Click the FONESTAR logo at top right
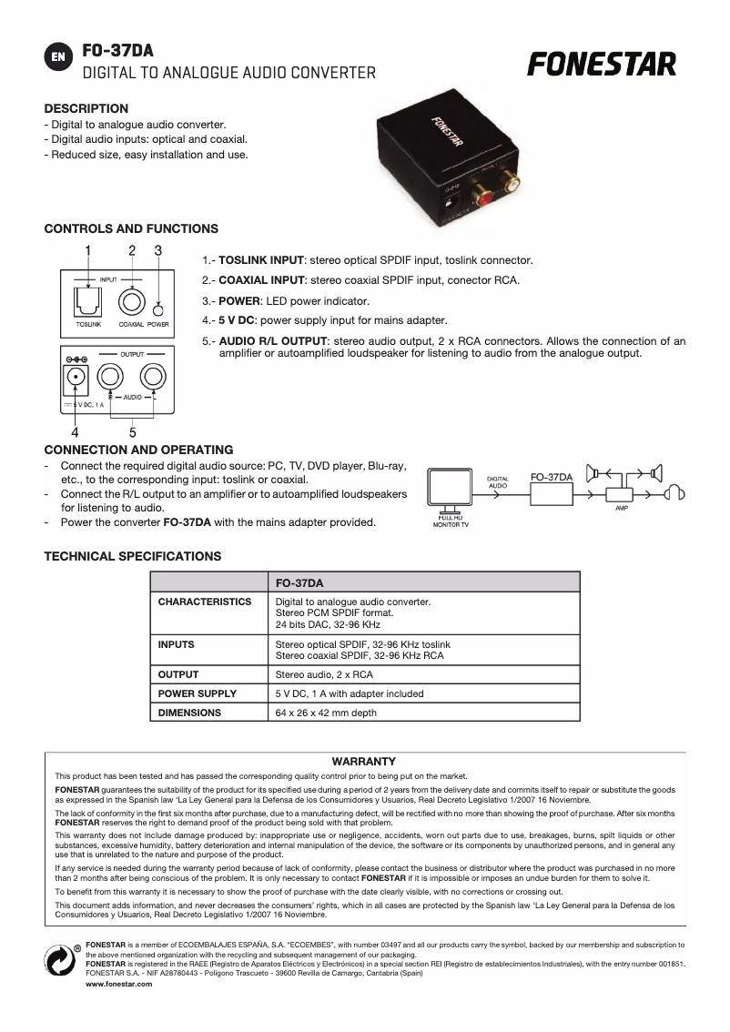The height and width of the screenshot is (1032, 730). point(603,65)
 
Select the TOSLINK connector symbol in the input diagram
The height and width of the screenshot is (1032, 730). point(88,298)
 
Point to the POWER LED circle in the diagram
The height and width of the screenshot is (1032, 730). point(158,308)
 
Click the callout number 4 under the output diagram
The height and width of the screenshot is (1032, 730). point(75,432)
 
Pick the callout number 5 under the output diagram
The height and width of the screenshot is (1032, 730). point(132,432)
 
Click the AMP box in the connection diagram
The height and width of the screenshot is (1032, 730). point(621,494)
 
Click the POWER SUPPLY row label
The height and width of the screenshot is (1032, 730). point(198,693)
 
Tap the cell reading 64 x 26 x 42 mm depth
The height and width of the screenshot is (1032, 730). point(326,713)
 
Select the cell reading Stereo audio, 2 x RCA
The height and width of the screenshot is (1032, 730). point(324,674)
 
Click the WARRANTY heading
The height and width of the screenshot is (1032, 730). point(364,761)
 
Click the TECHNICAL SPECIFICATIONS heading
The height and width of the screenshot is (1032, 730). point(132,556)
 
